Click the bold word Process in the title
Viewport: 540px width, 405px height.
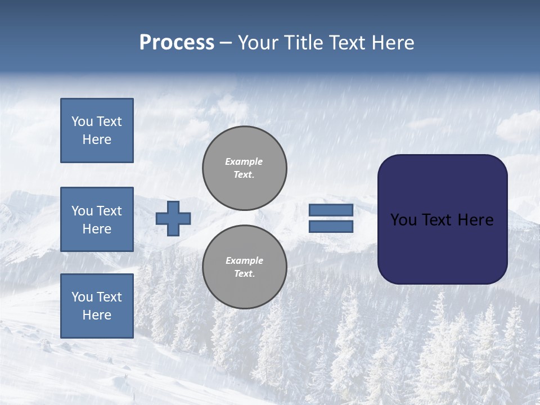click(x=177, y=43)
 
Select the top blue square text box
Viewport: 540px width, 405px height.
click(x=97, y=130)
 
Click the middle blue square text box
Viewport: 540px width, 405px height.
click(x=97, y=219)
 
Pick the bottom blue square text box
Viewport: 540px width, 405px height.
click(x=97, y=305)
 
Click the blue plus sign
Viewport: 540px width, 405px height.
click(x=173, y=218)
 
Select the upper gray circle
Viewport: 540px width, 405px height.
click(x=245, y=168)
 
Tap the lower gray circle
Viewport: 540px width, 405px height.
click(x=245, y=267)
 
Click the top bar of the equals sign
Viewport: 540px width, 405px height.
click(x=331, y=210)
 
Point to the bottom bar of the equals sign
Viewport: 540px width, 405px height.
click(x=331, y=227)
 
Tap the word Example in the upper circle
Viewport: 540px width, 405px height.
click(x=244, y=161)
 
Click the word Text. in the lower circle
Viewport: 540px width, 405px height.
click(x=244, y=274)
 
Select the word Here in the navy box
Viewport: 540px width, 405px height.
click(x=475, y=220)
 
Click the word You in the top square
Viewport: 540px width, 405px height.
click(x=82, y=121)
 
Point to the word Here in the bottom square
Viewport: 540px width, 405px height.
click(x=97, y=315)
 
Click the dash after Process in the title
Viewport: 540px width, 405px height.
click(x=226, y=43)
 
